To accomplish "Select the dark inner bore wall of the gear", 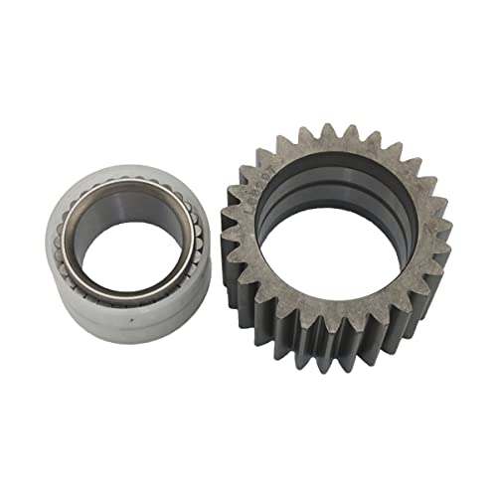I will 328,184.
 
